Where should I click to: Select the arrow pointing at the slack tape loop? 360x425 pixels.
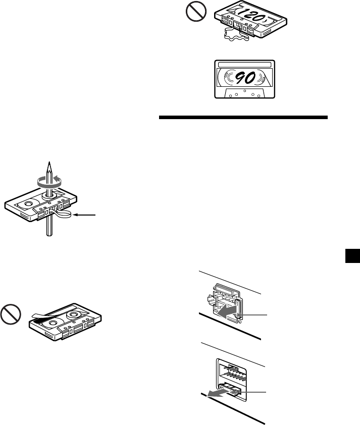(x=86, y=216)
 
